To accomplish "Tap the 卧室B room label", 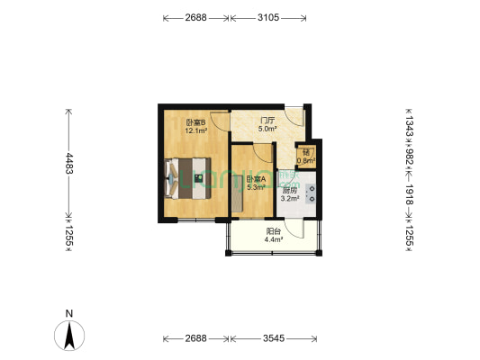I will click(x=196, y=122).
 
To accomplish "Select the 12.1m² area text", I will click(x=196, y=131).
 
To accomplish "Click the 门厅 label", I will click(x=267, y=120).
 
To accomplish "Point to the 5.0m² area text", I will click(x=267, y=129).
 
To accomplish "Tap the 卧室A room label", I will click(x=256, y=179).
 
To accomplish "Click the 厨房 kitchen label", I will click(x=289, y=190).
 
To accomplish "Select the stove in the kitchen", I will click(x=312, y=193).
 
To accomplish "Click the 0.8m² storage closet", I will click(x=306, y=156).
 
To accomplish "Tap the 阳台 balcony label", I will click(x=274, y=230).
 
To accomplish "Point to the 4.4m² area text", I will click(x=274, y=239).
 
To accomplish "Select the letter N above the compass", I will click(x=69, y=314).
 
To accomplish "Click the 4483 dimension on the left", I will click(x=68, y=162).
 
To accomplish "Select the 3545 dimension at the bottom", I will click(x=275, y=338).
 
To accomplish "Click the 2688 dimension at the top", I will click(x=196, y=17).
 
